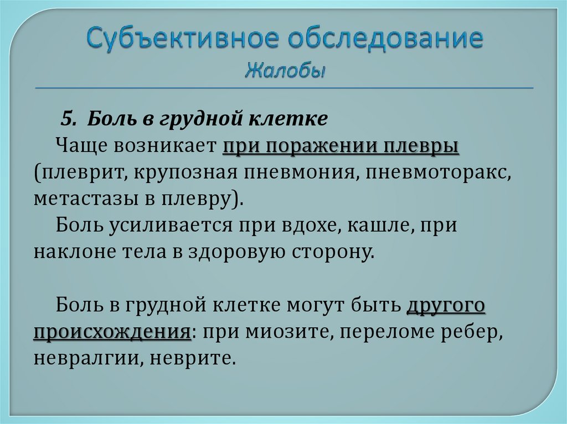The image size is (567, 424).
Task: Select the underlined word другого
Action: point(446,305)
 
